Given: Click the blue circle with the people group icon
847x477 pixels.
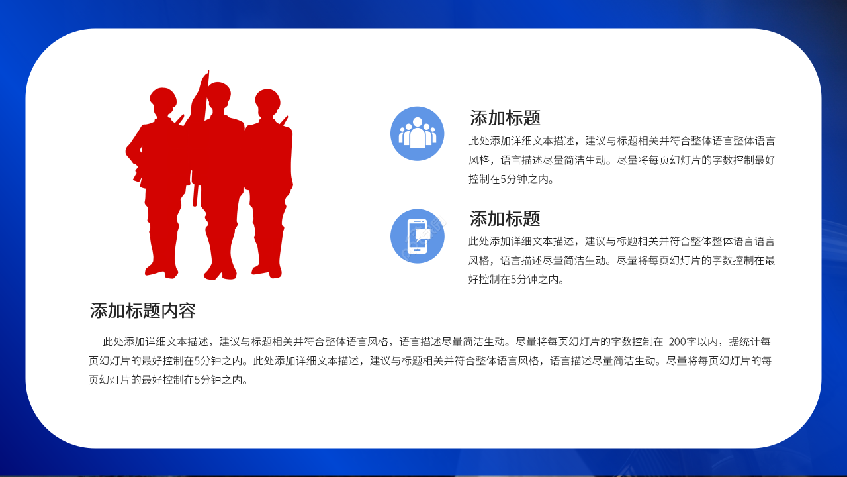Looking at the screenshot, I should point(417,133).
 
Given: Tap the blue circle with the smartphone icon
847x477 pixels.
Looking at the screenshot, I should point(417,236).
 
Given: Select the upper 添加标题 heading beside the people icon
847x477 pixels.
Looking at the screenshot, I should point(505,118).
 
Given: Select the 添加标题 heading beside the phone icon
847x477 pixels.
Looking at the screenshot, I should point(505,218).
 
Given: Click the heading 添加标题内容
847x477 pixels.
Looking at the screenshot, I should point(142,310).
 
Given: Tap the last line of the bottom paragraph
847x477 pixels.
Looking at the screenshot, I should point(169,380).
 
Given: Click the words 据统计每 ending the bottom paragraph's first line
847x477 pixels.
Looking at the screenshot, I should point(750,342).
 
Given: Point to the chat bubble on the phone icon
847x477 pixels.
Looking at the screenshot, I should point(423,234).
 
